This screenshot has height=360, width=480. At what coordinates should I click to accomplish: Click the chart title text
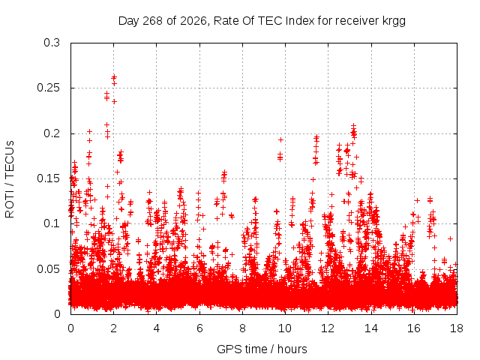tap(262, 21)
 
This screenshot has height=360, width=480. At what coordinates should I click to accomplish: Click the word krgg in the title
tap(394, 22)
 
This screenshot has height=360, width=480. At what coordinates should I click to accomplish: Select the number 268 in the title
tap(152, 21)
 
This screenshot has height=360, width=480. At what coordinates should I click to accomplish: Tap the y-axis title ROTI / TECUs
tap(10, 179)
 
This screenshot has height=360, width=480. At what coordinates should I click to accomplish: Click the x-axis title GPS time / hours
tap(262, 349)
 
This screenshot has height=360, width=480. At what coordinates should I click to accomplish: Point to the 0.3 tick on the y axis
tap(52, 43)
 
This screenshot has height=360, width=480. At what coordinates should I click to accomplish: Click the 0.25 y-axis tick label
tap(48, 88)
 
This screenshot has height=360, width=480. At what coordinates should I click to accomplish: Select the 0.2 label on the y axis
tap(52, 133)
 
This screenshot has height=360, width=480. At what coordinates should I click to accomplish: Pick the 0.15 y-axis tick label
tap(48, 178)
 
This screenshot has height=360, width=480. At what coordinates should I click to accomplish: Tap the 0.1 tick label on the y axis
tap(52, 223)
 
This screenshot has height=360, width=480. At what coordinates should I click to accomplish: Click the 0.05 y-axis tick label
tap(48, 269)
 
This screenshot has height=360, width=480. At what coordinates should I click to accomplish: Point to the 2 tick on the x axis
tap(113, 328)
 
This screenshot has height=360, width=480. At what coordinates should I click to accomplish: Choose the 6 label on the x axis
tap(199, 328)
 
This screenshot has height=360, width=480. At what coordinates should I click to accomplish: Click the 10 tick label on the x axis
tap(285, 328)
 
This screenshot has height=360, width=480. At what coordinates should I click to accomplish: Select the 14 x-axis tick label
tap(371, 328)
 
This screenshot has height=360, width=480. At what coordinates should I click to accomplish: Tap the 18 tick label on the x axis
tap(457, 328)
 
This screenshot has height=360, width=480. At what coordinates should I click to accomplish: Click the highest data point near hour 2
tap(114, 77)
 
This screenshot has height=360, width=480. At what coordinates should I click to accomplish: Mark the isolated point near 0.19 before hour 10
tap(280, 140)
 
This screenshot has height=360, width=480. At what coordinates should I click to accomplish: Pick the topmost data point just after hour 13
tap(353, 125)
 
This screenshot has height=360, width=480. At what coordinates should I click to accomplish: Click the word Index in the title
tap(300, 21)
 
